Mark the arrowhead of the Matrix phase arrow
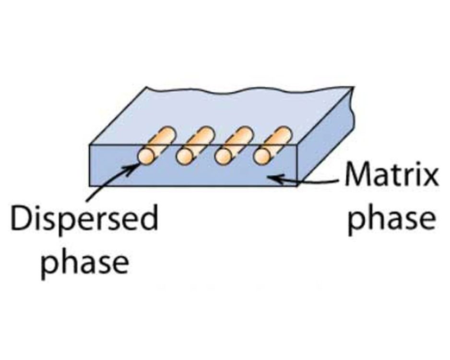point(272,178)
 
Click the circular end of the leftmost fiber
point(146,155)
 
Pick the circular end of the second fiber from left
point(185,155)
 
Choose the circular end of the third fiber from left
point(223,155)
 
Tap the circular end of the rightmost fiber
point(262,155)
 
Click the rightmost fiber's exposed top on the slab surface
point(278,137)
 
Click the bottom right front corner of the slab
point(298,186)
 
